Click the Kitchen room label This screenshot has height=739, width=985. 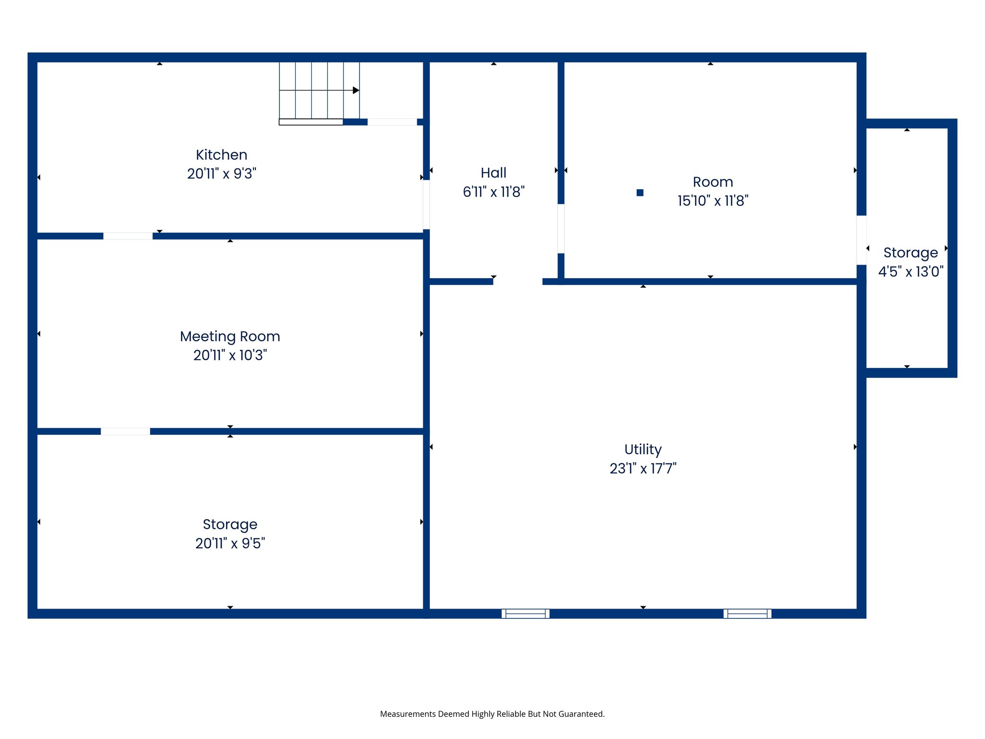221,155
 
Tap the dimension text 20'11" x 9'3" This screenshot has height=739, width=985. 221,174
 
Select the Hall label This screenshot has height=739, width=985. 493,173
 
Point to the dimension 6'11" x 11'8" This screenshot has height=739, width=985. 493,192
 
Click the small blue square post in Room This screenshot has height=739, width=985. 640,192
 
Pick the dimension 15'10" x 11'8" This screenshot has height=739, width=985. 713,201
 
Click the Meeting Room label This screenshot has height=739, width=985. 230,336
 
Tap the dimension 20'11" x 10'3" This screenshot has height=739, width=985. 230,355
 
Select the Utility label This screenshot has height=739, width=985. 643,449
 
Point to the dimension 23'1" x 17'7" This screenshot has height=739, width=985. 643,468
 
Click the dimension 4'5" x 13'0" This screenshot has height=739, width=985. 910,272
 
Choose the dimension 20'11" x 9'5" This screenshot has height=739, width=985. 230,543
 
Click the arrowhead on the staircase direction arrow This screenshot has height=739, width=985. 356,90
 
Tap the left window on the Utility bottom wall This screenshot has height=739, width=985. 525,613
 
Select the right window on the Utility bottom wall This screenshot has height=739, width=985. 747,613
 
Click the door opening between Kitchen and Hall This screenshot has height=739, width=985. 426,204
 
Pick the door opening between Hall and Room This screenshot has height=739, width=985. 561,229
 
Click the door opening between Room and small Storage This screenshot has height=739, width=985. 861,240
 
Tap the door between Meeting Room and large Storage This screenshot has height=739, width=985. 125,432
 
